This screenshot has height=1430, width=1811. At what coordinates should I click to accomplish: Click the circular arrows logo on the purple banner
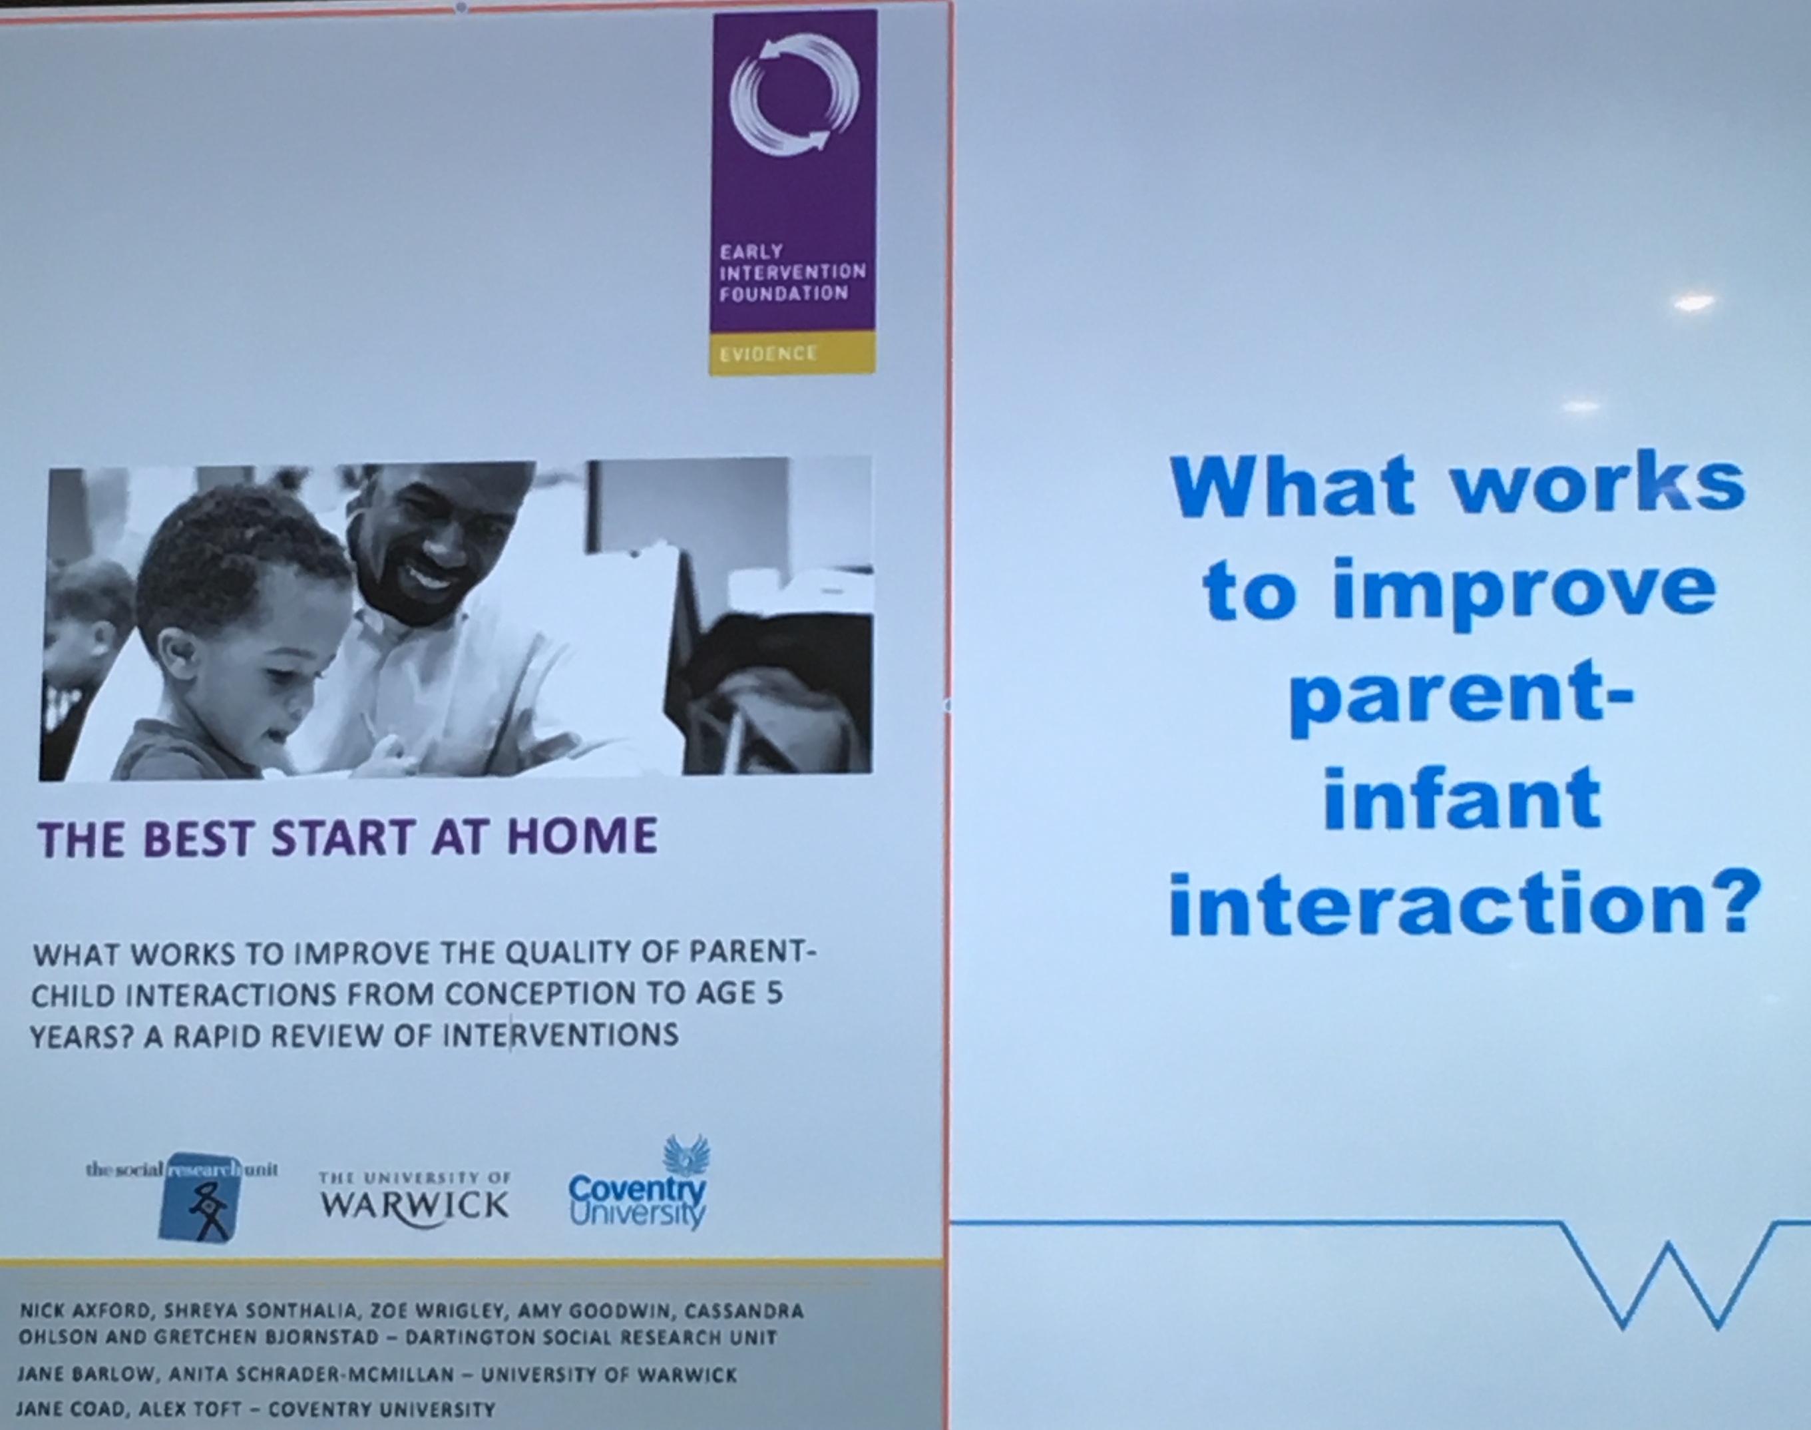pos(794,94)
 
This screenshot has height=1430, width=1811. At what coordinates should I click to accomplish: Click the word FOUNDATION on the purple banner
pos(783,293)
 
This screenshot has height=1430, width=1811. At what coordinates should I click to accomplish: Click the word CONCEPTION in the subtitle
pos(536,995)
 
